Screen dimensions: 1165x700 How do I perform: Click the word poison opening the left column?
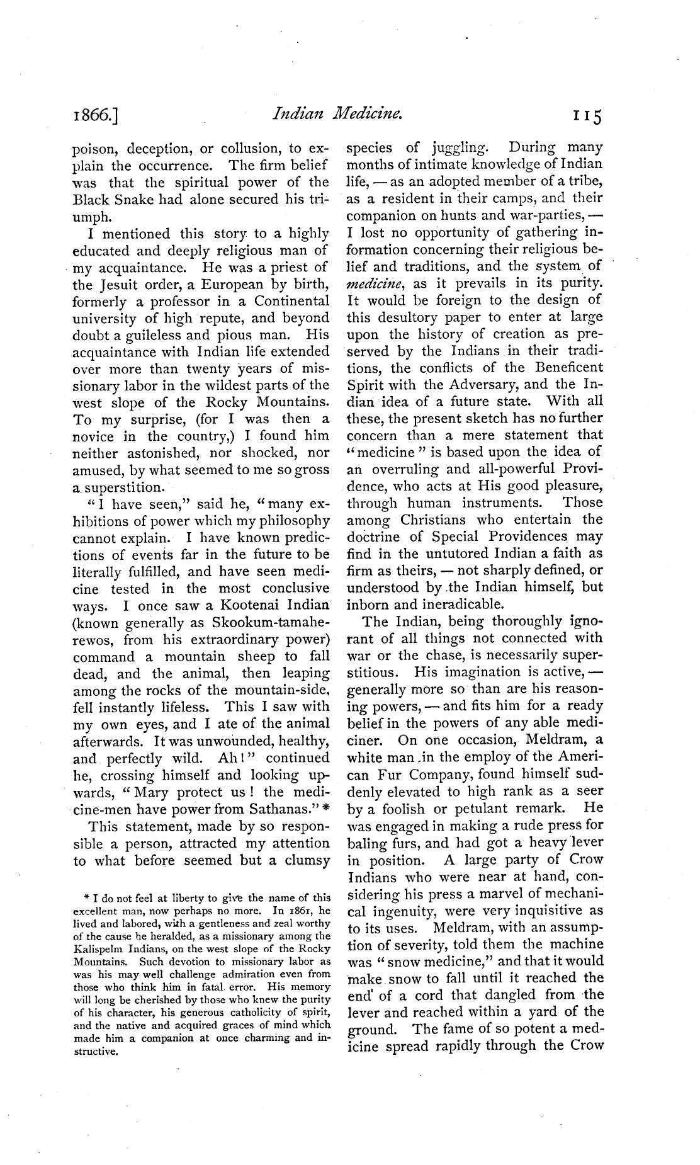96,149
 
